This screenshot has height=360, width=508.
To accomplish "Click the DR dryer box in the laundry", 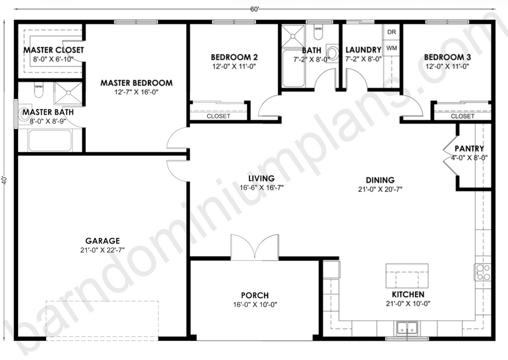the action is (392, 32).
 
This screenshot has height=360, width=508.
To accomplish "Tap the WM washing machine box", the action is (392, 48).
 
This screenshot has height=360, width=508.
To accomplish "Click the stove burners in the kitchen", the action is (483, 273).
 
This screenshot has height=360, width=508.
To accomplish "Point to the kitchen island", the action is (407, 276).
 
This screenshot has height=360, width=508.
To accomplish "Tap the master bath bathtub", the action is (50, 140).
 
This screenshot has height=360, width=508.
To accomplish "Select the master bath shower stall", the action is (68, 93).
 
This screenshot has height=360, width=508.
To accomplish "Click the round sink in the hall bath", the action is (331, 52).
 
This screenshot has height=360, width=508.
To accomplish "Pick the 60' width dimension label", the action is (255, 10).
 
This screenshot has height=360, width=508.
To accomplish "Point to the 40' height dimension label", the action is (4, 180).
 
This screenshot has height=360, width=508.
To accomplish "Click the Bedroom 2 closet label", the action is (218, 116).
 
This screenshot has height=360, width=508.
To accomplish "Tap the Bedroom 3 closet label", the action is (462, 116).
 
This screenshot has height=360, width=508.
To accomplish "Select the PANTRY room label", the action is (469, 148).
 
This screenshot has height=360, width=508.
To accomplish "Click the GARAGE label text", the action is (102, 241).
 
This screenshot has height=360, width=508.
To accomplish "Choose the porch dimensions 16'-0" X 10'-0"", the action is (255, 305).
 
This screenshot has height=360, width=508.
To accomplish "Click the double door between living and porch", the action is (255, 247).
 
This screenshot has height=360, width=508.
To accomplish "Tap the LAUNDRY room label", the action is (363, 50).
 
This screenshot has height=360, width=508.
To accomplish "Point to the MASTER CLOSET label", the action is (54, 50).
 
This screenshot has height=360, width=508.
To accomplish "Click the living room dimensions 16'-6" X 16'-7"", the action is (262, 188).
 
